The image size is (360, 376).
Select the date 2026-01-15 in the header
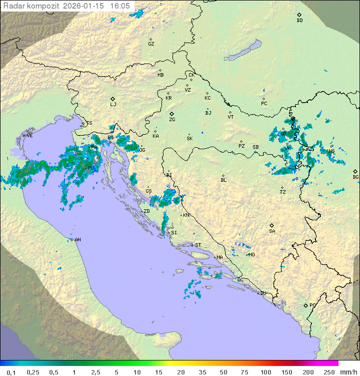click(87, 6)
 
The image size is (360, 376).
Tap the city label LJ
click(113, 105)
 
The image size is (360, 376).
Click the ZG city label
click(172, 120)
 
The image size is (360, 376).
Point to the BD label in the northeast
click(299, 21)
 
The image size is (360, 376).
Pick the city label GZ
click(151, 44)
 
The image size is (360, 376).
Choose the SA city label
click(272, 231)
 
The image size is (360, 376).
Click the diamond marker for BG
click(355, 171)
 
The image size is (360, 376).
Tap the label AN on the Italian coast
click(77, 240)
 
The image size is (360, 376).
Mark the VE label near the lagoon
click(29, 136)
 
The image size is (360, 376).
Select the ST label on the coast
click(198, 245)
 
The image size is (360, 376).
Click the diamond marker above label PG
click(305, 305)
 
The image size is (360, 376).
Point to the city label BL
click(223, 180)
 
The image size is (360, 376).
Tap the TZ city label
click(283, 192)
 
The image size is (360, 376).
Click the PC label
click(264, 104)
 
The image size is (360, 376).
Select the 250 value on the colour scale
click(328, 372)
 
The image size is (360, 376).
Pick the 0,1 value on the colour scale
click(11, 372)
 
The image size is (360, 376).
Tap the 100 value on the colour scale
click(265, 372)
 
